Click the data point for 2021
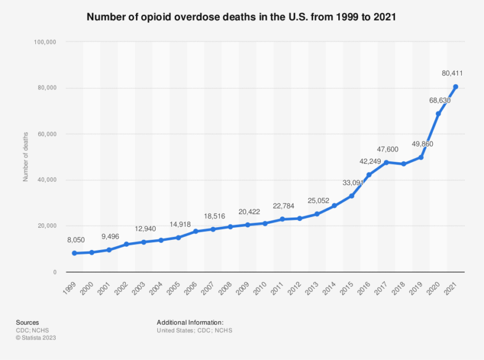(x=456, y=87)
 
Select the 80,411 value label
(x=453, y=73)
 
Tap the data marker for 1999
(x=74, y=253)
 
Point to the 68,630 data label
(x=440, y=100)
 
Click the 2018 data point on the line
(x=404, y=164)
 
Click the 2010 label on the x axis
(x=260, y=288)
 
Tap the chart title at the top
(x=241, y=17)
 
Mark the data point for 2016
(x=369, y=174)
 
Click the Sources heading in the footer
(x=27, y=322)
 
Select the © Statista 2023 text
(x=36, y=338)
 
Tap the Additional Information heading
(x=190, y=322)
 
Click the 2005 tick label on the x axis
(x=173, y=288)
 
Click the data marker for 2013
(x=317, y=214)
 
